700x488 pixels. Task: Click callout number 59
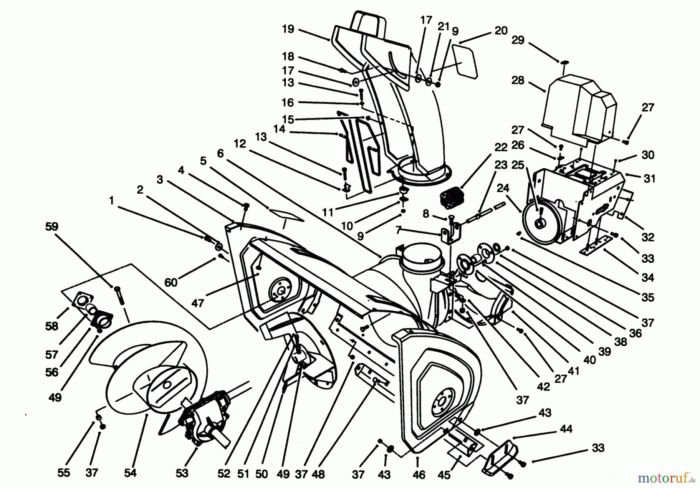coord(51,226)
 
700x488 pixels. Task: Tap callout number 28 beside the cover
coord(518,80)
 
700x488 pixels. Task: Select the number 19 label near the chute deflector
coord(288,29)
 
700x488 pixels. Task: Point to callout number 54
coord(130,473)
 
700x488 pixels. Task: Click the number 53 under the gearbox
coord(182,473)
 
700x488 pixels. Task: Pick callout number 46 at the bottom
coord(419,474)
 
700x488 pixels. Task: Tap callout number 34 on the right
coord(648,278)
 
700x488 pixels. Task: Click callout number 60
coord(171,282)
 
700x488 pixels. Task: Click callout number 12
coord(240,144)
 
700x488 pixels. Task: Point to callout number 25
coord(518,165)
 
